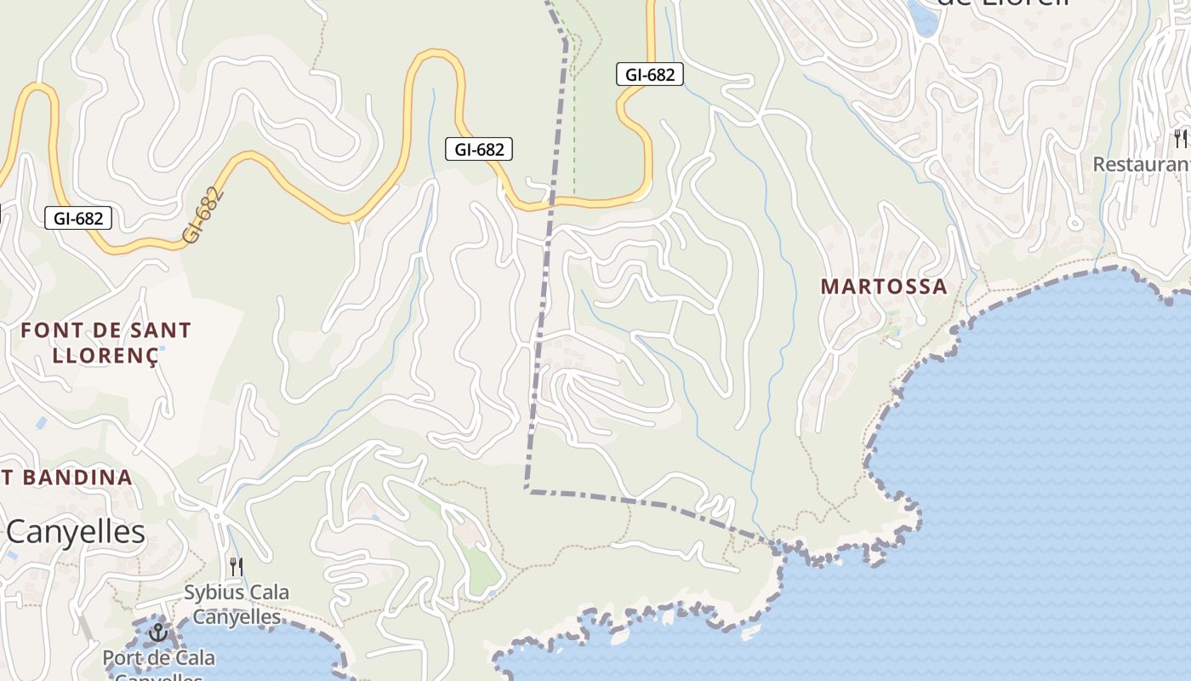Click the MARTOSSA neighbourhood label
pos(884,287)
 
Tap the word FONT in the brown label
pos(48,330)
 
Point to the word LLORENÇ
pos(105,355)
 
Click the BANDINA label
pos(76,478)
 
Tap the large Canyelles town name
pos(76,532)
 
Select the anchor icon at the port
pos(157,632)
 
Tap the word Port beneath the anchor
pos(121,658)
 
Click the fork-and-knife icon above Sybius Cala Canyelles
pos(236,565)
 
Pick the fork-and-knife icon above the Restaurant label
pos(1181,138)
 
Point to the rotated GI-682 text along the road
pos(204,215)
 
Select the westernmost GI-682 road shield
pos(78,218)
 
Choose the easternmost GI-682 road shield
pos(650,74)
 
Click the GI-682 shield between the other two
pos(479,150)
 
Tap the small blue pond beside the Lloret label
pos(922,18)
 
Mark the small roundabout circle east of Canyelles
pos(217,516)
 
